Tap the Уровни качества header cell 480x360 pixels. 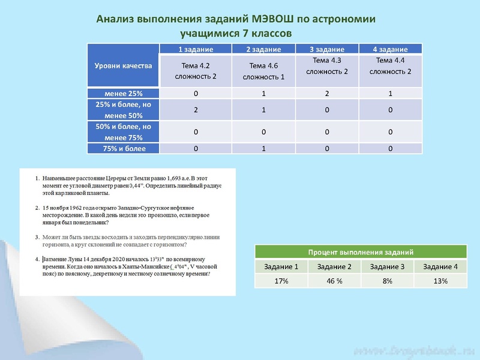123,65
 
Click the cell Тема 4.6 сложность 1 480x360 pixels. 263,71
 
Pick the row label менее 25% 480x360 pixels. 123,94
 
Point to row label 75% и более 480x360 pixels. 123,148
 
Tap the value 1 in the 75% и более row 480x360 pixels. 263,148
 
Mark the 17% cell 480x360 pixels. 282,281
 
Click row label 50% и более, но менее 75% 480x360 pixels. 123,131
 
